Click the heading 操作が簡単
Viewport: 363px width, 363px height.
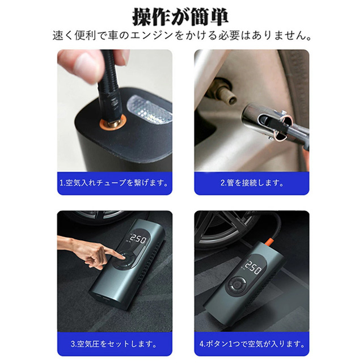pyautogui.click(x=181, y=16)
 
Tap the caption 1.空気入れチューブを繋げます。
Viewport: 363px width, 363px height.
pyautogui.click(x=113, y=183)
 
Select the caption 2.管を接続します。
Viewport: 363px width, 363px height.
pyautogui.click(x=251, y=183)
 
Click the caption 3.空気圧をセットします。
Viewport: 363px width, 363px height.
pyautogui.click(x=113, y=344)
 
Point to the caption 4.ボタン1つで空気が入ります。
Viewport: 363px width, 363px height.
pyautogui.click(x=251, y=344)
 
